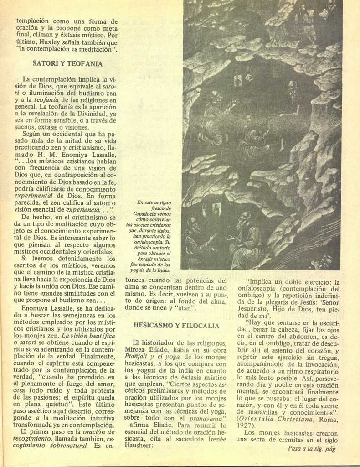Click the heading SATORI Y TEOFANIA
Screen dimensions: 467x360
tap(67, 63)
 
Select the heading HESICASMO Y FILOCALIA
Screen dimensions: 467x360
tap(176, 326)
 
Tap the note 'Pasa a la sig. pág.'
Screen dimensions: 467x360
tap(312, 448)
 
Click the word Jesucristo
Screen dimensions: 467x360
tap(255, 309)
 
